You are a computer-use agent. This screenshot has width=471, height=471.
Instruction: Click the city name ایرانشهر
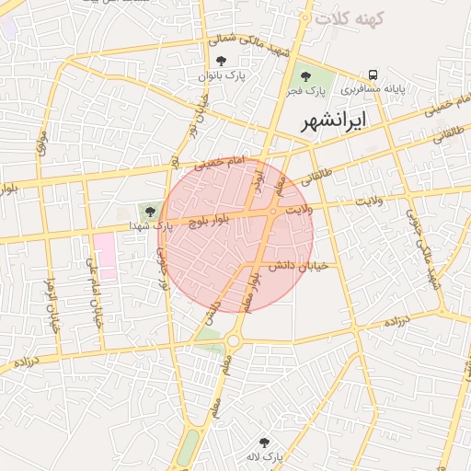click(x=334, y=120)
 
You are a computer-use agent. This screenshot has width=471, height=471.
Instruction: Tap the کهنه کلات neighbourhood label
click(x=349, y=17)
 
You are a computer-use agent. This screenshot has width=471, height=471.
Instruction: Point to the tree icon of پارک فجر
click(x=305, y=76)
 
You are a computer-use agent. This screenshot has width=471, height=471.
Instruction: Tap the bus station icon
click(x=373, y=75)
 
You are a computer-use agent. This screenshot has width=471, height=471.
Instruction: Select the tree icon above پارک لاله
click(x=266, y=442)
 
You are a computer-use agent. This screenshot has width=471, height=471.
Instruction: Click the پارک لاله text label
click(x=266, y=457)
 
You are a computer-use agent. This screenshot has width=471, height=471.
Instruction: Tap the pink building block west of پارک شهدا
click(x=104, y=255)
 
